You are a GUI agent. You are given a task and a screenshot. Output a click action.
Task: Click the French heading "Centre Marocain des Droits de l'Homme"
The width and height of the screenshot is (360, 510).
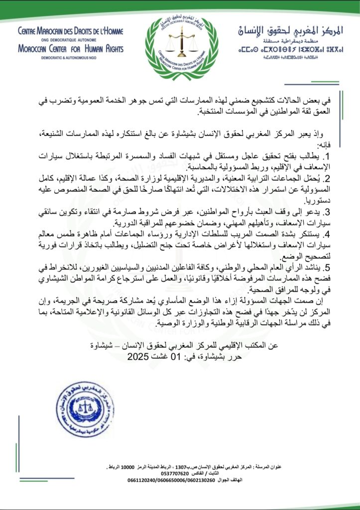(70, 31)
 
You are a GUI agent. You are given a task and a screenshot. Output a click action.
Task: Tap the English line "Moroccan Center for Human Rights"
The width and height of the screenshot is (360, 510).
(70, 48)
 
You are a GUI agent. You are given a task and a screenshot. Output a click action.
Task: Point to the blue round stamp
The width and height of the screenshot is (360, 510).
(85, 409)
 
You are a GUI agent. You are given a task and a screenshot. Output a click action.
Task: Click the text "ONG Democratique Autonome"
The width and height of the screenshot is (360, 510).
(70, 40)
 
